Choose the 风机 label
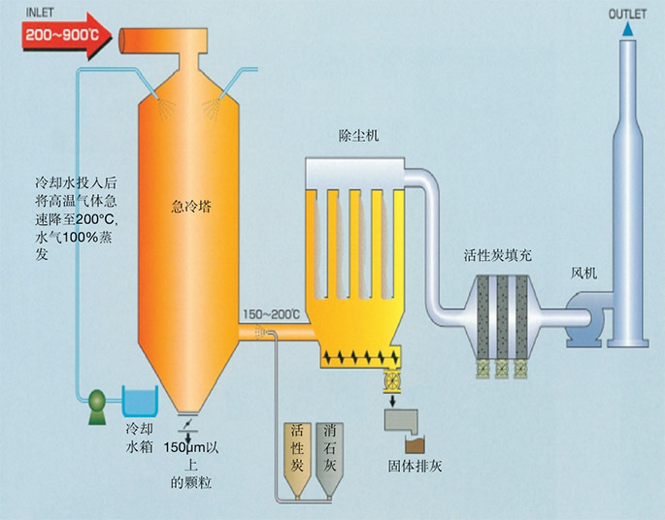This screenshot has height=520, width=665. (x=587, y=273)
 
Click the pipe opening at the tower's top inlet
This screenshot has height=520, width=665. (x=122, y=40)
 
